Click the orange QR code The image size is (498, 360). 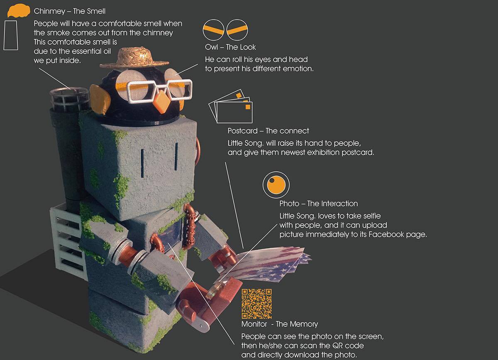point(256,304)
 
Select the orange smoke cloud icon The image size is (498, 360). point(19,10)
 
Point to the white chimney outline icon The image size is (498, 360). point(11,35)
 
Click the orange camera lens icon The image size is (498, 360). point(276,185)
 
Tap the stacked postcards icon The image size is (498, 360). point(231,107)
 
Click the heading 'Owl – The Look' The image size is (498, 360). point(230,47)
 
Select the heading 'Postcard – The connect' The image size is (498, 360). point(268,131)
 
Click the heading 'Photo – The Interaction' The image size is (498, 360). point(319,204)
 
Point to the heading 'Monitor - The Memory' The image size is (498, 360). point(279,324)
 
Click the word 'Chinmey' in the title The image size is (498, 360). point(49,11)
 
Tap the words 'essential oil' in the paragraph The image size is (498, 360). point(91,51)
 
